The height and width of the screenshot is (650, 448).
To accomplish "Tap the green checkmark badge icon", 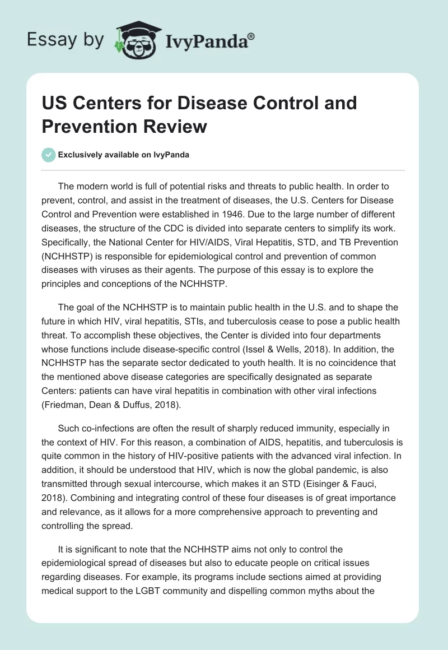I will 49,155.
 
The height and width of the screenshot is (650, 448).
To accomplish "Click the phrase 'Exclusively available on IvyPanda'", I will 124,155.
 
